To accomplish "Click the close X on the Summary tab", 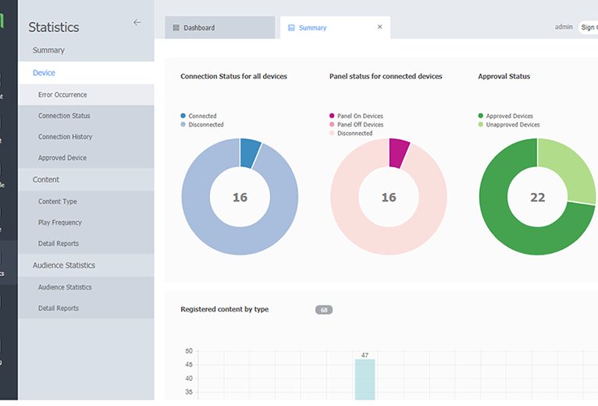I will [380, 27].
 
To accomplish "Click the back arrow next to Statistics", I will [137, 23].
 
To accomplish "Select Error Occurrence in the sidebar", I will [62, 94].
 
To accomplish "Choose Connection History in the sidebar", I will [65, 137].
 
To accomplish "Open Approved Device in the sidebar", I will [62, 158].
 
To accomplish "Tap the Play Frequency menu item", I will [60, 223].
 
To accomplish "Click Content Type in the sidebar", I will [58, 201].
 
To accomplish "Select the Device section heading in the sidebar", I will [44, 73].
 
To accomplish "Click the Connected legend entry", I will [201, 116].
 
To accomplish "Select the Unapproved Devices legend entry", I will [512, 125].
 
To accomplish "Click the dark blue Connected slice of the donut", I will [250, 152].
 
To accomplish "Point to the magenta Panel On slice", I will [398, 152].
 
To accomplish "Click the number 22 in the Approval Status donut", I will [537, 198].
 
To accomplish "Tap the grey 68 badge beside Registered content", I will [324, 310].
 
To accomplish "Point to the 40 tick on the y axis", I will [188, 365].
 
